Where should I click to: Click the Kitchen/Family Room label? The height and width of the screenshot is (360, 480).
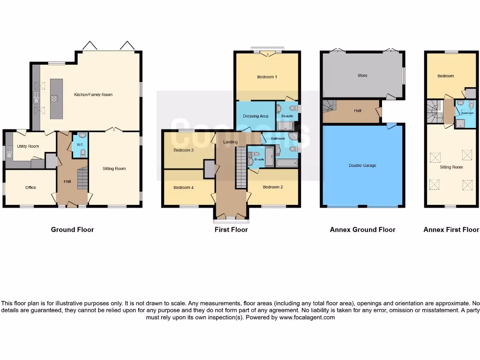point(93,95)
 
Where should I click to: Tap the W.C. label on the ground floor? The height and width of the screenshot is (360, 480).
point(80,145)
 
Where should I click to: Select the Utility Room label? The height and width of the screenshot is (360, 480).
point(28,146)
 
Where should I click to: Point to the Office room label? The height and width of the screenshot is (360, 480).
point(30,187)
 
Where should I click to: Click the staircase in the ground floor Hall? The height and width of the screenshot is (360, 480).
point(82,178)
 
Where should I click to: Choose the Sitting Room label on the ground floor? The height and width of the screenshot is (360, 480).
point(114,168)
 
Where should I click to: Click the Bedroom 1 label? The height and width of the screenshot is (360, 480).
point(267,76)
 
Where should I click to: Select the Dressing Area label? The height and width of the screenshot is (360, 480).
point(255,116)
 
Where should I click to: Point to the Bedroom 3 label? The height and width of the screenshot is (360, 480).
point(183,150)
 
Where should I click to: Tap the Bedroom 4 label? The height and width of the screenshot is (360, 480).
point(183,187)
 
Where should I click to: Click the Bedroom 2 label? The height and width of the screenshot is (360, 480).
point(272,187)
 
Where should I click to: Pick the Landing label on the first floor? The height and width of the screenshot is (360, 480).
point(231,142)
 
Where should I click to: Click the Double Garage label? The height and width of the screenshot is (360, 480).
point(362,165)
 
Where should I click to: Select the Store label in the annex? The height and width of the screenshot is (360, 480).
point(362,75)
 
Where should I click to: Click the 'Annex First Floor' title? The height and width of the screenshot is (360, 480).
point(451,230)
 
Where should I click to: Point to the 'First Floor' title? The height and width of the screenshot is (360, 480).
point(231,230)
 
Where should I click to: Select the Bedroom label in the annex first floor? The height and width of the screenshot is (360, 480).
point(445,76)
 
